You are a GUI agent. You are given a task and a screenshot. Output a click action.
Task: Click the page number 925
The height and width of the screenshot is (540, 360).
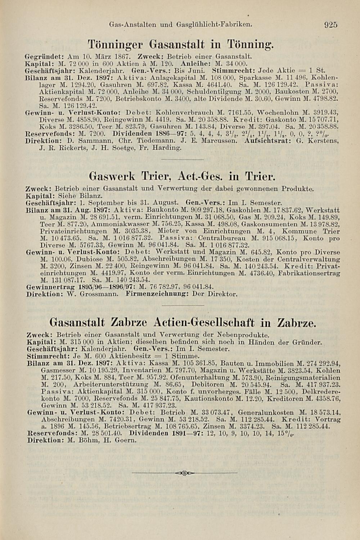[x=330, y=25]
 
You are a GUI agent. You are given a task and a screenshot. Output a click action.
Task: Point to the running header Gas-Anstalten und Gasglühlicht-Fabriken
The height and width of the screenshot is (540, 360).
[x=180, y=25]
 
